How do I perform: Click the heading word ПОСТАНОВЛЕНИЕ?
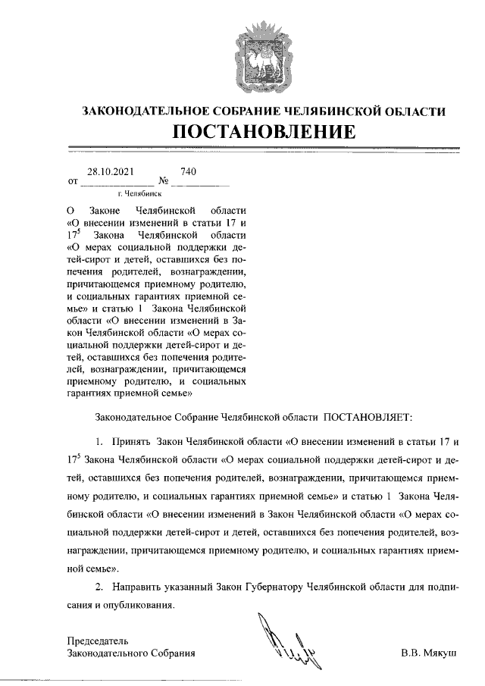[x=264, y=131]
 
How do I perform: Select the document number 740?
[x=189, y=172]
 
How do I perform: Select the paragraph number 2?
[x=99, y=587]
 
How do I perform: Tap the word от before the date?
[x=73, y=183]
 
